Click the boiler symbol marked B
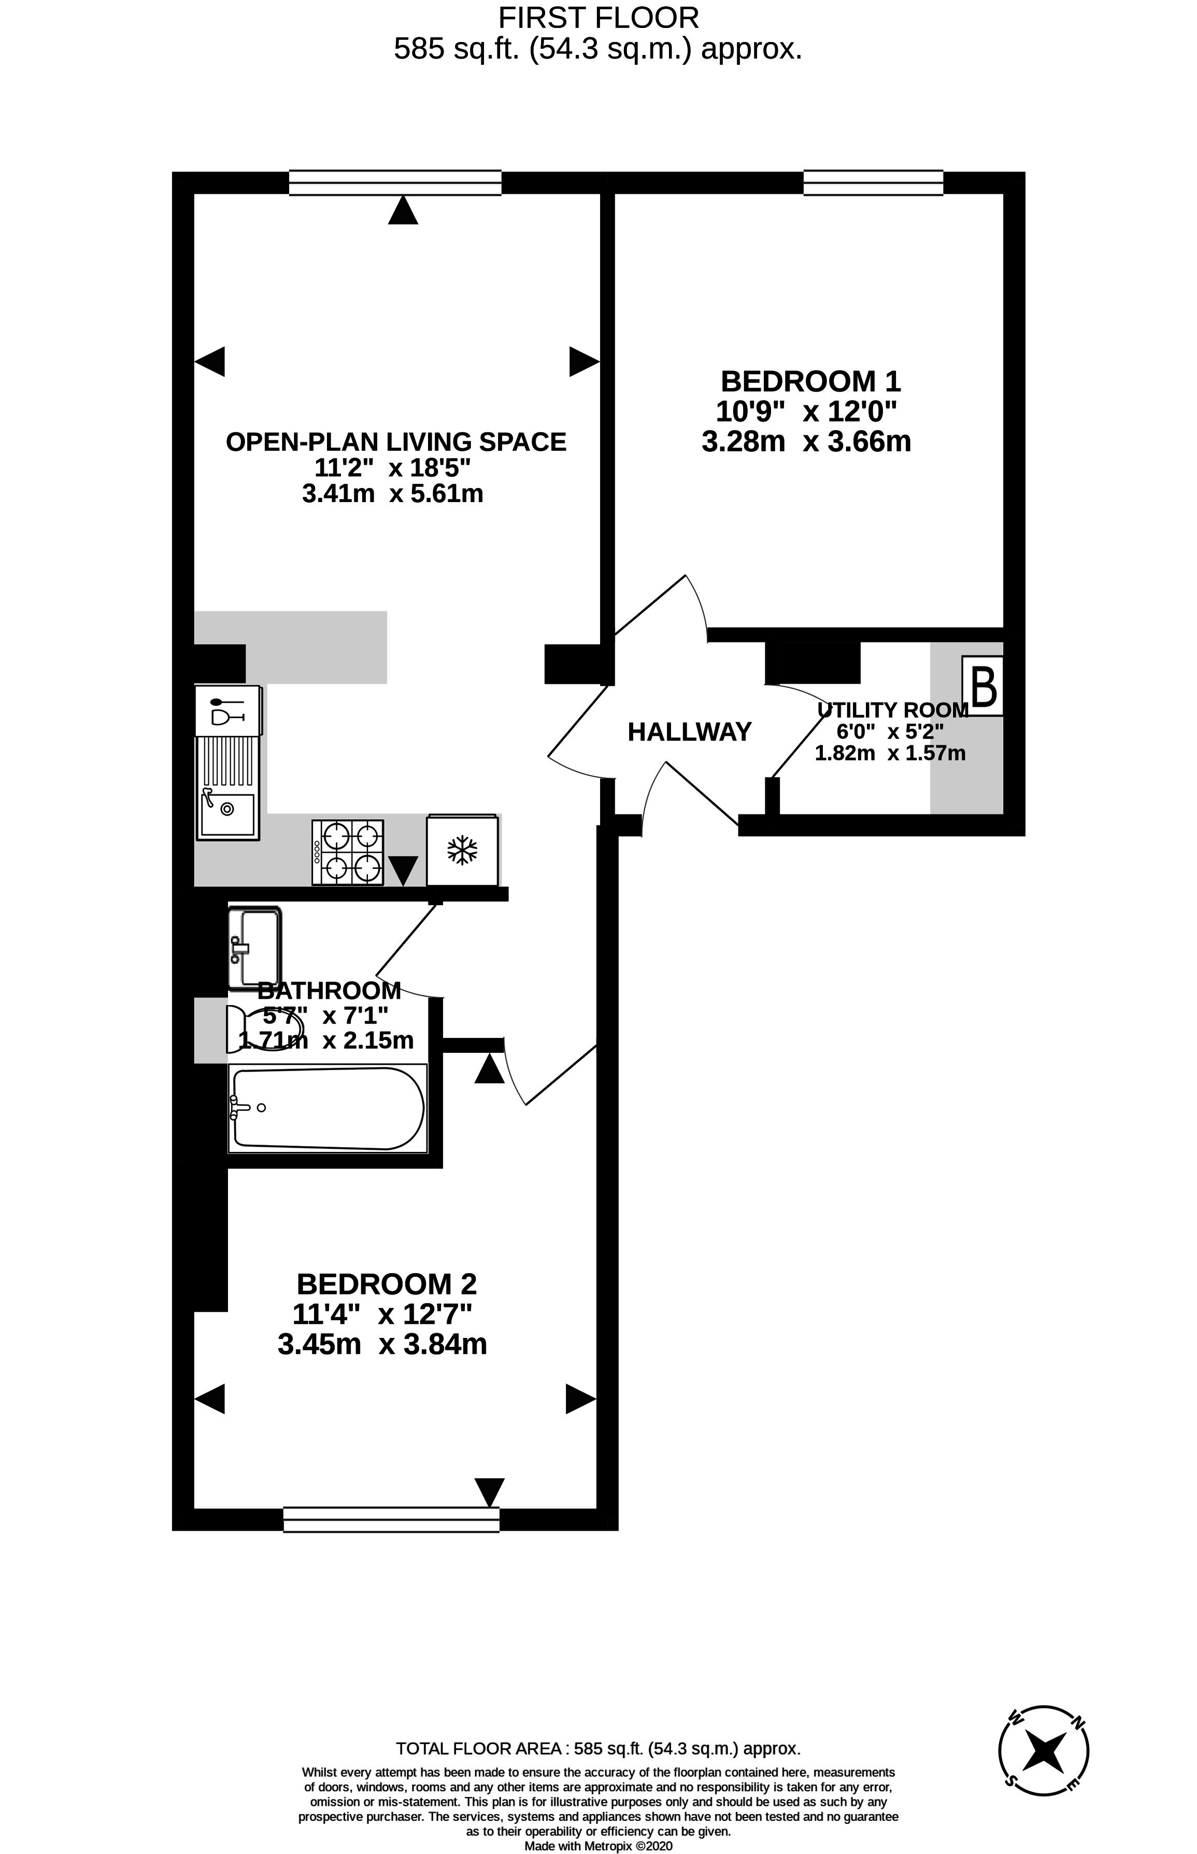pyautogui.click(x=984, y=686)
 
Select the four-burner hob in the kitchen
pyautogui.click(x=347, y=852)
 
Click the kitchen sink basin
pyautogui.click(x=227, y=814)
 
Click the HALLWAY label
pyautogui.click(x=689, y=732)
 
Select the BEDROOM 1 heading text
pyautogui.click(x=810, y=381)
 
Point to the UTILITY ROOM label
pyautogui.click(x=892, y=709)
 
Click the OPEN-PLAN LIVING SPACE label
pyautogui.click(x=396, y=442)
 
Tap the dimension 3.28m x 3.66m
pyautogui.click(x=806, y=442)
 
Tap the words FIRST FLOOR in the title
pyautogui.click(x=598, y=17)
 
